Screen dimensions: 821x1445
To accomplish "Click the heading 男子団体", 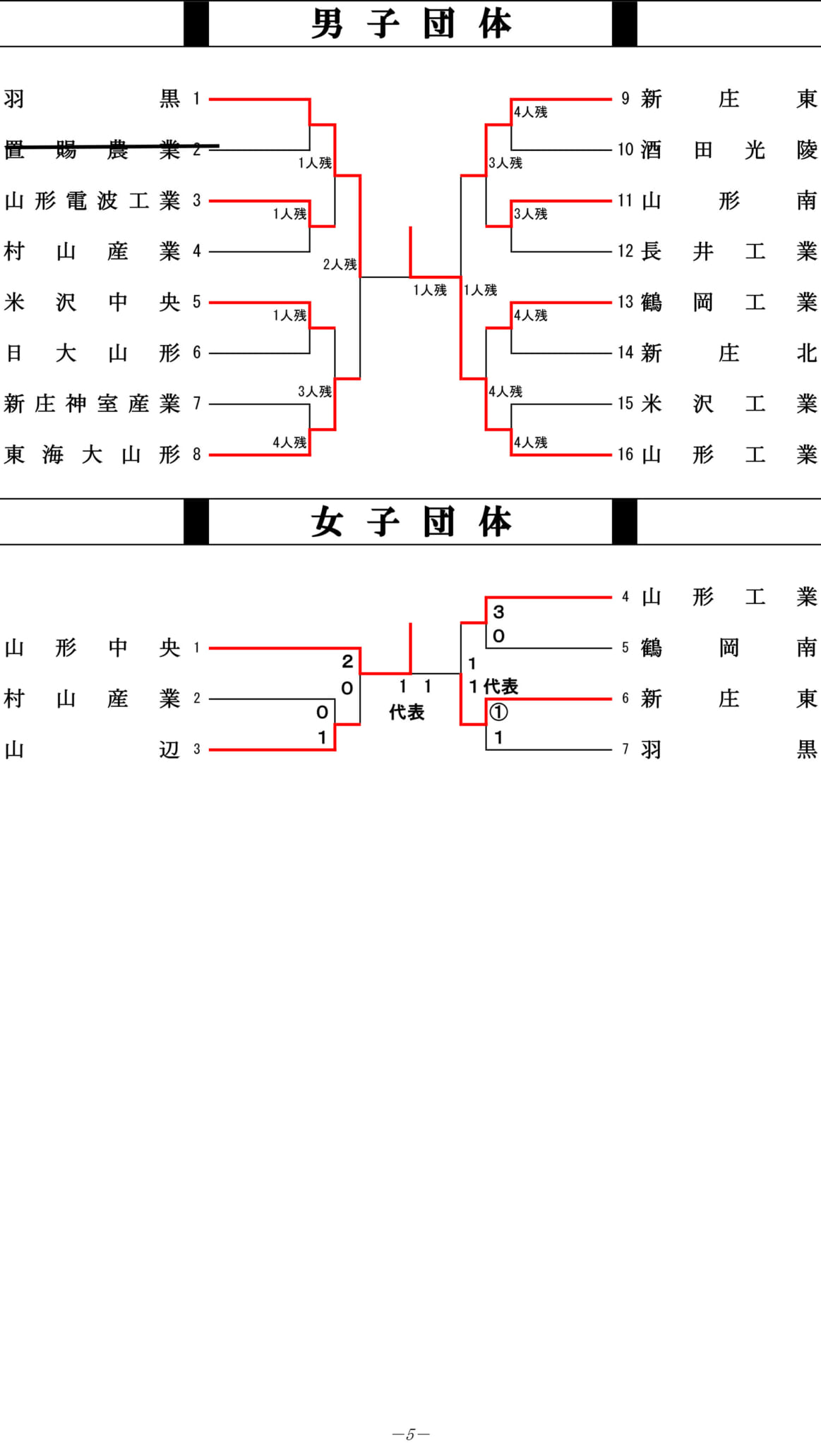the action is [x=411, y=24].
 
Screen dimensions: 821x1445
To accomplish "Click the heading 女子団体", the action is [x=411, y=522].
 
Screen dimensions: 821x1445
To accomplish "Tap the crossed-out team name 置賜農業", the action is [x=92, y=150].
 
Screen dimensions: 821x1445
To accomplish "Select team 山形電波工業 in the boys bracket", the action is [x=92, y=200].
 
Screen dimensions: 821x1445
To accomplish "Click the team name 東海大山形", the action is [x=92, y=454].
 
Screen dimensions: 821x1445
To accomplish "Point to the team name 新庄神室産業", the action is [x=92, y=404].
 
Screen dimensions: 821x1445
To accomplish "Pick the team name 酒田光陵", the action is [x=729, y=150].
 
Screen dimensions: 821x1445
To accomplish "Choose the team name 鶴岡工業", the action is [x=729, y=302].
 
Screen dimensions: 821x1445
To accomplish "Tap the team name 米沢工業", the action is [x=729, y=404].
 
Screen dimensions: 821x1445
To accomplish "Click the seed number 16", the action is [x=625, y=454].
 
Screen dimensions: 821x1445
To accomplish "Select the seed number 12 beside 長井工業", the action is [x=625, y=251].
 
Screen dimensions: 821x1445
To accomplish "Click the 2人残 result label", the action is [x=340, y=265].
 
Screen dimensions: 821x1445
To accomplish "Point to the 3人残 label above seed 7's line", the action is [x=314, y=392].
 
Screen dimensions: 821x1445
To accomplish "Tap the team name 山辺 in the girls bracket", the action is [x=92, y=749].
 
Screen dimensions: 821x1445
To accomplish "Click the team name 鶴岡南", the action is [x=729, y=648].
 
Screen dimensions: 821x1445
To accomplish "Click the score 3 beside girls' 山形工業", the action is [x=498, y=612].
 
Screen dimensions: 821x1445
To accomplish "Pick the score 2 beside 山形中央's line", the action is [x=347, y=661].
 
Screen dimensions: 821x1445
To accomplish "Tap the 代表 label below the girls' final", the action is [x=407, y=713].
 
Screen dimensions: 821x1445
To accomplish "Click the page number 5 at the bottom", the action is [x=411, y=1434].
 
